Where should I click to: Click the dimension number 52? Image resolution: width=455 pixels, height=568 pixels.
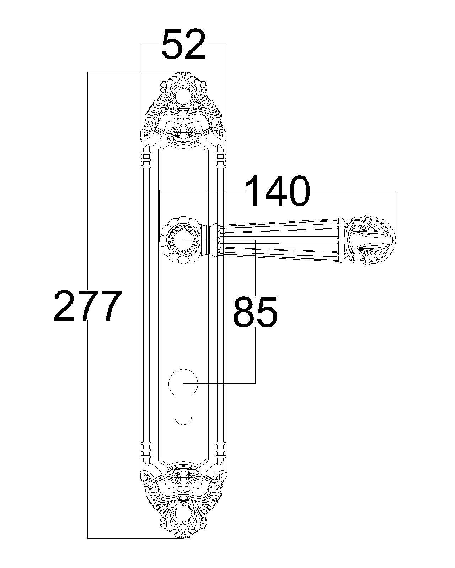[x=183, y=44]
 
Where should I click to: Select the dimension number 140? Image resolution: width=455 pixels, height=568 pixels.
[x=278, y=190]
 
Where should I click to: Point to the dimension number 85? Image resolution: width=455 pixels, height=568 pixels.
[x=255, y=311]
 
